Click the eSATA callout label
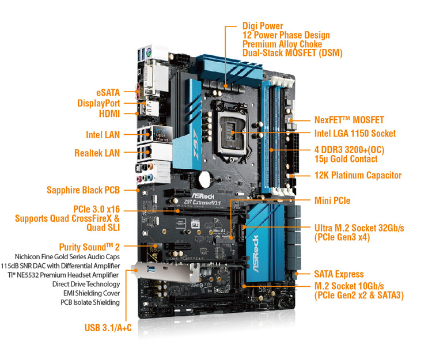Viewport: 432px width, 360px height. tap(108, 93)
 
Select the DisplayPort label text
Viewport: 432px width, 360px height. tap(98, 103)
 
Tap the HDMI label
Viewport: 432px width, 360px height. tap(109, 113)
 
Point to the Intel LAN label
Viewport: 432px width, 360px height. tap(103, 135)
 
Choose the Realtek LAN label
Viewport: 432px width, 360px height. tap(97, 153)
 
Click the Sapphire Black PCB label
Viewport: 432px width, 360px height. tap(83, 190)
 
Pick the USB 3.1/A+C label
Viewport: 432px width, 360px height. tap(108, 328)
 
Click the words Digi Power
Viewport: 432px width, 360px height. tap(263, 26)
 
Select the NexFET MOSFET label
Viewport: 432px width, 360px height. tap(349, 120)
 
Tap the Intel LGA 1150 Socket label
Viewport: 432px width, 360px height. tap(355, 134)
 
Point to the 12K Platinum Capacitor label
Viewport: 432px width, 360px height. tap(358, 175)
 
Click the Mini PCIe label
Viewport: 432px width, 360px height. tap(332, 200)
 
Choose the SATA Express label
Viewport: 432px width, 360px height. tap(339, 274)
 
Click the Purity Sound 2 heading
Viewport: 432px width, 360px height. tap(89, 247)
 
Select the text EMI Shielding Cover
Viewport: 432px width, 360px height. tap(92, 293)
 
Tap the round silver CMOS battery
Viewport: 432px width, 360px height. tap(204, 179)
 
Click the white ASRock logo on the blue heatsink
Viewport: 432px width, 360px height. tap(255, 254)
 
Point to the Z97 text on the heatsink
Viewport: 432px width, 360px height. tap(195, 144)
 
